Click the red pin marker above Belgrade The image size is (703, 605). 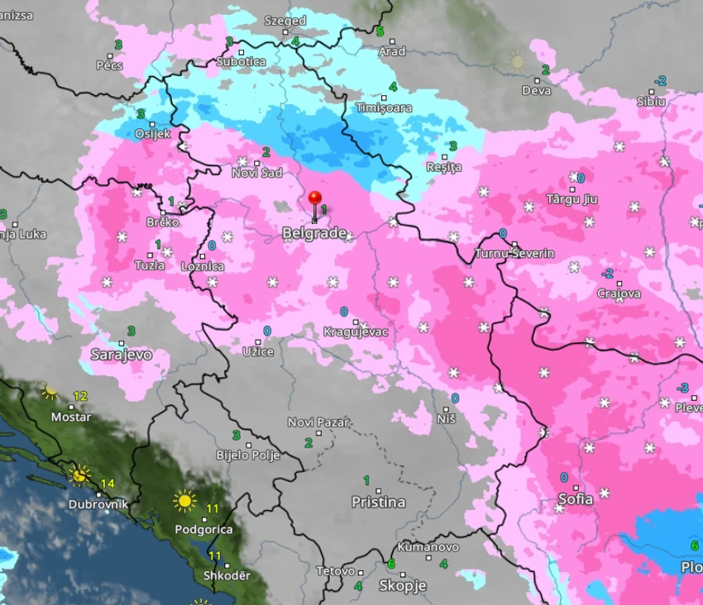coord(315,199)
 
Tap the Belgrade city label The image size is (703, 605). coord(314,234)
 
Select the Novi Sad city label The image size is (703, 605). coord(256,172)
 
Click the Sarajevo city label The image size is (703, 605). coord(121,355)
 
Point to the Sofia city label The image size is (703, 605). coord(575,499)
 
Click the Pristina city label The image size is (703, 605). coord(378,502)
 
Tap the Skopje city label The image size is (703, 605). coord(402,585)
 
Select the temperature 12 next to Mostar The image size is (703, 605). coord(80,396)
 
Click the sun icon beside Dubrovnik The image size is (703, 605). coord(79,474)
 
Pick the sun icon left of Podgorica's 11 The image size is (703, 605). coord(184,501)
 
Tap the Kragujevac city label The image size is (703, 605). coord(356,331)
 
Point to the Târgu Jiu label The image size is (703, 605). coord(571,199)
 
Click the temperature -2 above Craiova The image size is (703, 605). coord(607,274)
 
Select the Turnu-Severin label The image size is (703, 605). coord(514,253)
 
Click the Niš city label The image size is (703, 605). coord(447,419)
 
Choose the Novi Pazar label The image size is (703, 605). coord(318,422)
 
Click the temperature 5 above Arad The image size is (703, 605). coord(380,31)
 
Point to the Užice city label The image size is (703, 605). coord(257,352)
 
